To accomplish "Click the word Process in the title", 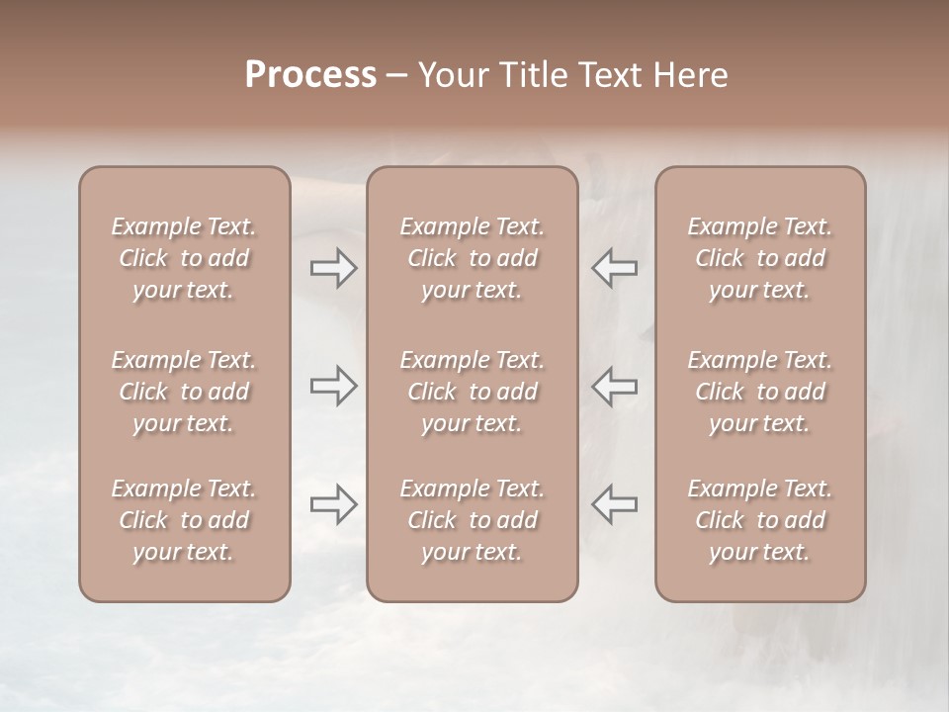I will tap(310, 75).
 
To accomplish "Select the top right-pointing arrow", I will tap(334, 268).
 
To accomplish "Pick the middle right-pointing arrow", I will tap(334, 386).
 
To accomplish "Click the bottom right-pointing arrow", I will tap(334, 504).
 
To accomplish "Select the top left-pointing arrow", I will tap(614, 268).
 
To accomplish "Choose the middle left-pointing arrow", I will tap(614, 386).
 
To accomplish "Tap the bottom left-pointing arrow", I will tap(614, 504).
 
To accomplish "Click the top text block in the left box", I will tap(184, 258).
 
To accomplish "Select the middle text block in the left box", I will tap(184, 392).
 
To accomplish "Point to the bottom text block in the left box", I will tap(184, 520).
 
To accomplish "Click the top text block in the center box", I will tap(473, 258).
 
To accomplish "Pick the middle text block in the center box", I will tap(473, 392).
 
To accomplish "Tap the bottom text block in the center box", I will tap(473, 520).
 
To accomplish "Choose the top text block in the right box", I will tap(760, 258).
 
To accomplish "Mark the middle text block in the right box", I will tap(760, 392).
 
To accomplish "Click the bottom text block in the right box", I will tap(760, 520).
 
